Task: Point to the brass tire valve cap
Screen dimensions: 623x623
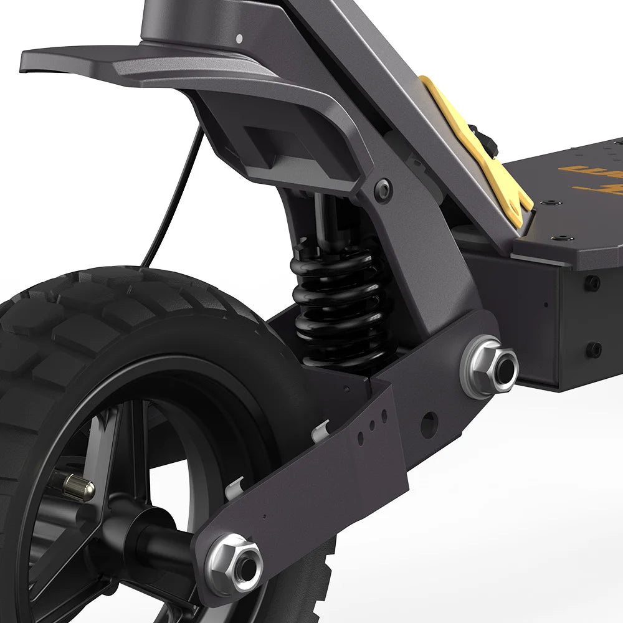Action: (78, 487)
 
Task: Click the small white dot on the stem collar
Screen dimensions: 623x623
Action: (239, 39)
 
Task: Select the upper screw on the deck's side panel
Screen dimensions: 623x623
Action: (592, 283)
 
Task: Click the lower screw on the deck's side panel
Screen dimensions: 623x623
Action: (594, 350)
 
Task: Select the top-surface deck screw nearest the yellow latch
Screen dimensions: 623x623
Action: (549, 203)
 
